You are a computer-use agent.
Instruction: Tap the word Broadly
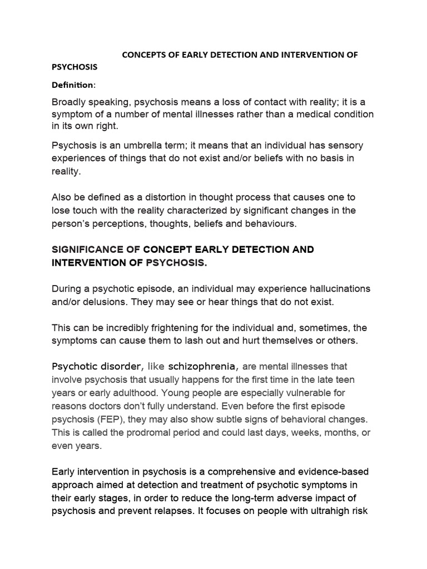click(x=70, y=102)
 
